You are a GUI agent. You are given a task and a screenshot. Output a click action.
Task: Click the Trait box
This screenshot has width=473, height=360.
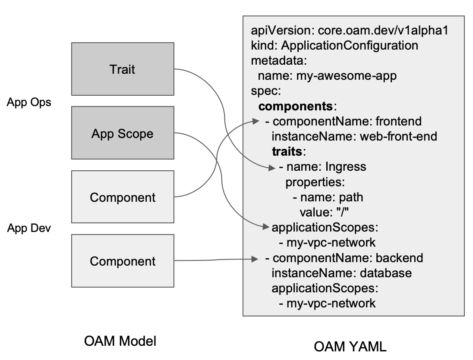click(x=123, y=69)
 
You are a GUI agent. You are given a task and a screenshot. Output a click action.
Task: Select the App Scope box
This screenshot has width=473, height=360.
click(x=123, y=134)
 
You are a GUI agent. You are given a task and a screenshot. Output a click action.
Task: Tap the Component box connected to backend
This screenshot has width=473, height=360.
click(x=123, y=261)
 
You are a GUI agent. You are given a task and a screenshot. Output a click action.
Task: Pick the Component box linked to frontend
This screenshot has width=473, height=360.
click(x=123, y=197)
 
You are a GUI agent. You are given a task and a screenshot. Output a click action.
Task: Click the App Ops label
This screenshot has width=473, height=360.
click(x=29, y=103)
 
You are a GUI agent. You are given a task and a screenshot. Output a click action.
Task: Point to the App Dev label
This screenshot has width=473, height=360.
click(x=29, y=228)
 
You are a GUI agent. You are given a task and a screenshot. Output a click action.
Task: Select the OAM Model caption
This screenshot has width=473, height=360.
click(x=120, y=341)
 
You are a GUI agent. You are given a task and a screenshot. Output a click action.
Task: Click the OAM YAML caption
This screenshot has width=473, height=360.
click(x=350, y=347)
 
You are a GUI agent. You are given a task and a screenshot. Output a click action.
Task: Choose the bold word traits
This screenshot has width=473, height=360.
click(x=287, y=151)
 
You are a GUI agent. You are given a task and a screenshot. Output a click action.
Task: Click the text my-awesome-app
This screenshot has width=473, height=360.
click(x=347, y=76)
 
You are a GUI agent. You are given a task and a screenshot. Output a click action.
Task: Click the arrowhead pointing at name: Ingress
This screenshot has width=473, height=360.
click(x=272, y=168)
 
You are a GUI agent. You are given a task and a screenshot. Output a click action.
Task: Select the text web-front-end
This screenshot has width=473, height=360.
click(x=399, y=136)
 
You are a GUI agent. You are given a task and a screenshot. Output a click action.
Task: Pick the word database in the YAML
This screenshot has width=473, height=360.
click(x=386, y=273)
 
